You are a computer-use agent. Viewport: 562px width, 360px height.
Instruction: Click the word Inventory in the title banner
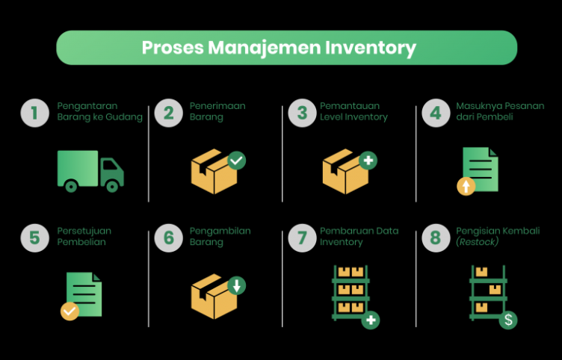371,48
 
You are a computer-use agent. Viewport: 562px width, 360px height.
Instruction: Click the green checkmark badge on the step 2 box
236,160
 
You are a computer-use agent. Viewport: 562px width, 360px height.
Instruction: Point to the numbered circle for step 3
302,113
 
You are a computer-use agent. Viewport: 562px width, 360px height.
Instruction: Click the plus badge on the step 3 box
368,160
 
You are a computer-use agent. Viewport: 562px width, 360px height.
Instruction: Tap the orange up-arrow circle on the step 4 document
466,186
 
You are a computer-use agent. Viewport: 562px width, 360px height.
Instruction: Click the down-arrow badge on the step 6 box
236,285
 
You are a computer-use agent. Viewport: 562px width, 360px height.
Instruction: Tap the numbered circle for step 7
302,238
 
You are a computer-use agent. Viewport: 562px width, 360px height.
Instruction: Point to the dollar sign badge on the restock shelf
508,320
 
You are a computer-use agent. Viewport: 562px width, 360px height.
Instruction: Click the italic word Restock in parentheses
478,242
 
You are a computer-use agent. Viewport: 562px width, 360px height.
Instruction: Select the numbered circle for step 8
435,238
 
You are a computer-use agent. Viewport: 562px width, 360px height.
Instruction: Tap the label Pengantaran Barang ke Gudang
99,111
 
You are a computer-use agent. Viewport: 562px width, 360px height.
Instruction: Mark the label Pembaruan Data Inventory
355,236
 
